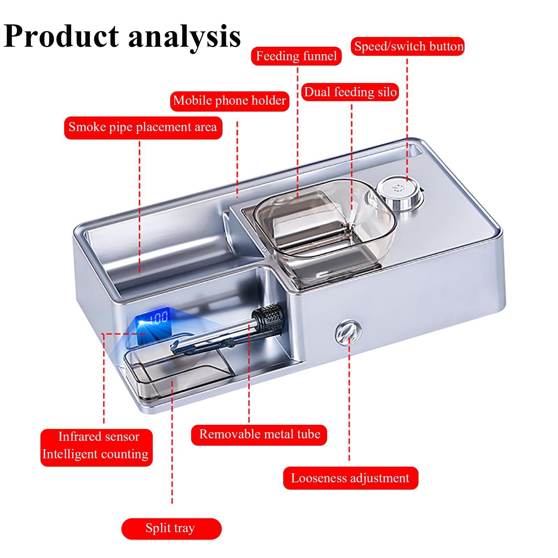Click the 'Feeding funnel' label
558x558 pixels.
pos(296,56)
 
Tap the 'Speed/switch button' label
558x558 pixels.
pos(408,46)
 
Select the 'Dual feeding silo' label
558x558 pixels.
pos(350,92)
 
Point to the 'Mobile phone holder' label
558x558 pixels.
pos(229,101)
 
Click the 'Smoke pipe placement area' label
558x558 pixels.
pos(143,127)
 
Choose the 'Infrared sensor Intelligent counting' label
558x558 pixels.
pos(96,446)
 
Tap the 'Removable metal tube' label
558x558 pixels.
pos(259,435)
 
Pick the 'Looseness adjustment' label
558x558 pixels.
pos(350,478)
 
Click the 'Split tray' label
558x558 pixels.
pos(171,528)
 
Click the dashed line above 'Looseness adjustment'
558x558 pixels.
pos(349,401)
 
